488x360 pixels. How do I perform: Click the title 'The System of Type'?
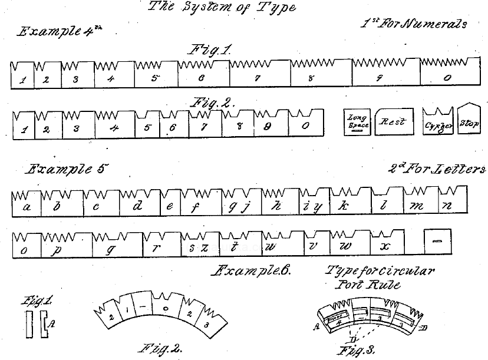click(x=222, y=8)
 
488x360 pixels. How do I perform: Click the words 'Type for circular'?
click(x=381, y=272)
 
